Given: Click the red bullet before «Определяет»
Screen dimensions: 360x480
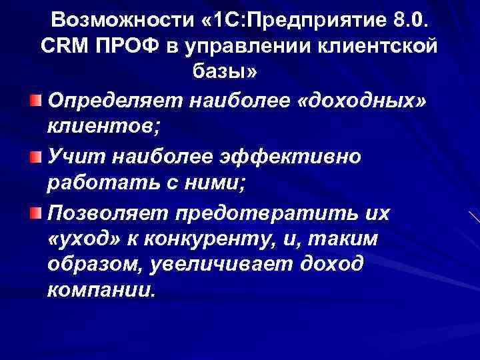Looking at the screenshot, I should (x=35, y=100).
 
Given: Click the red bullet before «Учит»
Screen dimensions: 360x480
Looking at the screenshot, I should (x=35, y=156).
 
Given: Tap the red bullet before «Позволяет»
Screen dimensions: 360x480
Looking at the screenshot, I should (x=35, y=212).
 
